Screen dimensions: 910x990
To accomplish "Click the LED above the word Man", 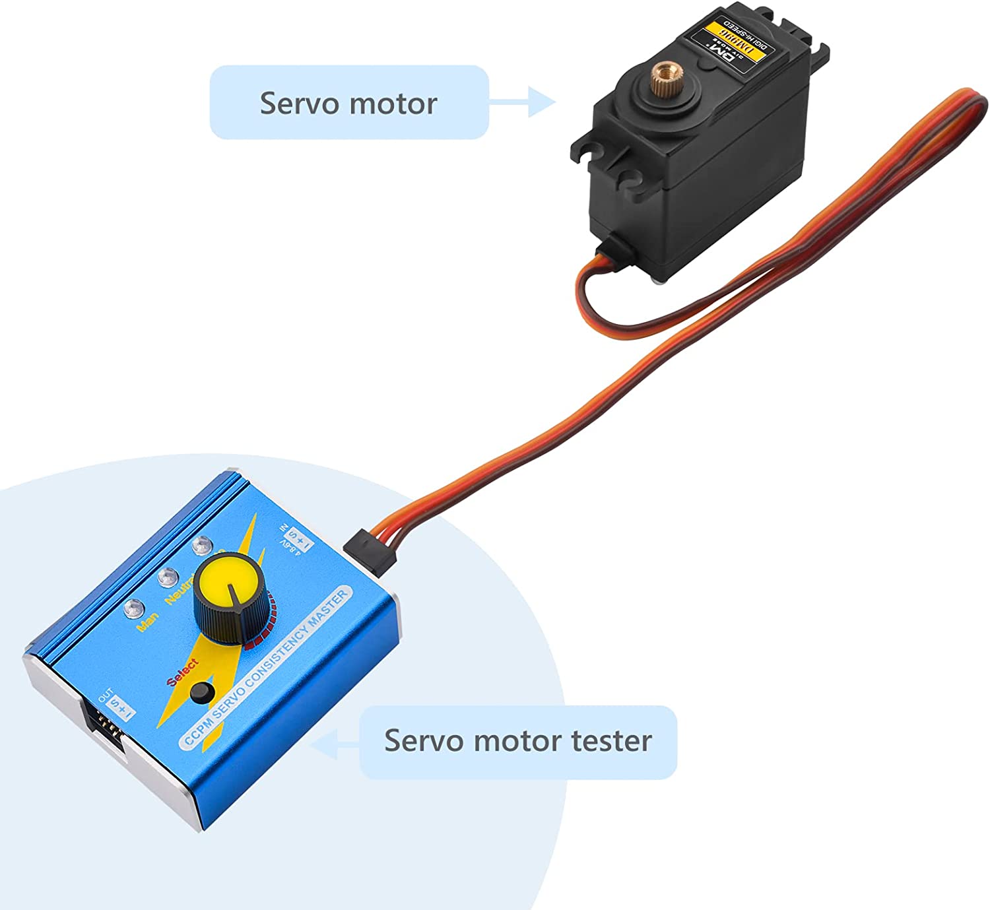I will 133,606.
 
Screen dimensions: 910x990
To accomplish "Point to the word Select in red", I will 183,672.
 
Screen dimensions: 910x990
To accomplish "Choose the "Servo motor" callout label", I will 348,103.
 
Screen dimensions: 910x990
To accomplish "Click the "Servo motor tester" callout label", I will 518,741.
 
